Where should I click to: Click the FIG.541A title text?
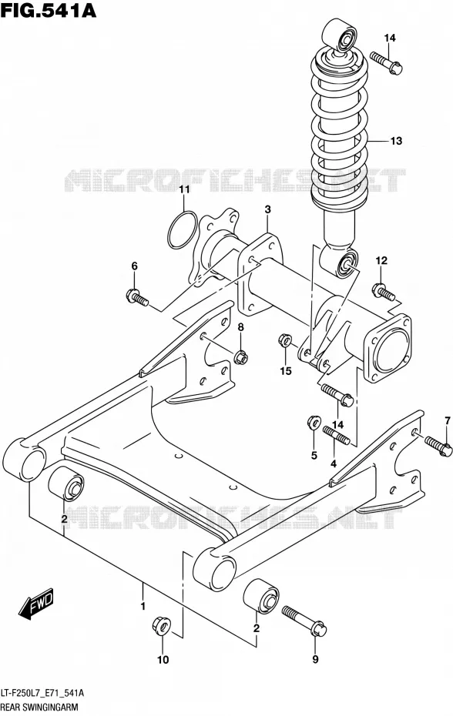[x=49, y=11]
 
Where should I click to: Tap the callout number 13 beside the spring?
[x=396, y=141]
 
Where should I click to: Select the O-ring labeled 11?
[x=183, y=230]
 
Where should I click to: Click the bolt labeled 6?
[x=136, y=296]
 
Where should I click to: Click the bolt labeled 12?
[x=384, y=293]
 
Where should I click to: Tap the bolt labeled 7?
[x=439, y=445]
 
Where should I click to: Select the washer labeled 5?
[x=313, y=423]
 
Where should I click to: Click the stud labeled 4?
[x=337, y=435]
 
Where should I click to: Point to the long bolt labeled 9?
[x=304, y=620]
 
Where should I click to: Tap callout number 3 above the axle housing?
[x=267, y=209]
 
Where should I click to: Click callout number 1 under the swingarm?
[x=143, y=607]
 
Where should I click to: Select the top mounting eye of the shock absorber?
[x=340, y=35]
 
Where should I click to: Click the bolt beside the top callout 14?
[x=386, y=63]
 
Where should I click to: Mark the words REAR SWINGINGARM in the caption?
[x=39, y=708]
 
